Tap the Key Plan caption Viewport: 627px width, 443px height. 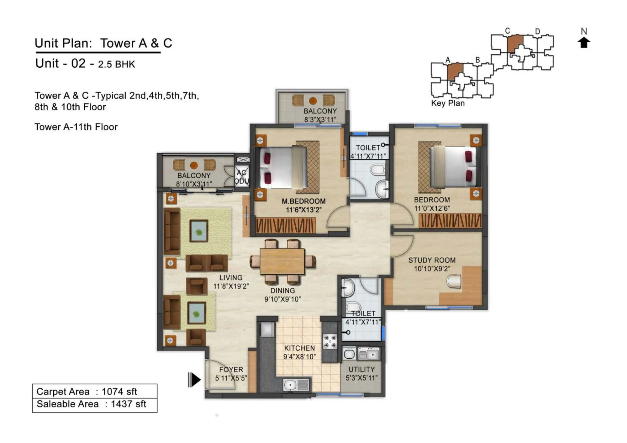(448, 103)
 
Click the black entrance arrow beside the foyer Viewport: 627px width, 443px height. (194, 380)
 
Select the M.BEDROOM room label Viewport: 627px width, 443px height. (303, 201)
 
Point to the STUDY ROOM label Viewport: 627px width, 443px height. (432, 260)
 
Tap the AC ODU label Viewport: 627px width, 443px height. (241, 177)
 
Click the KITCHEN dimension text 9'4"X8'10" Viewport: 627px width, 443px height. (299, 357)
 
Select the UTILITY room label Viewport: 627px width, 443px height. (361, 369)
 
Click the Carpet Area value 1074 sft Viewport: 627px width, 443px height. (119, 392)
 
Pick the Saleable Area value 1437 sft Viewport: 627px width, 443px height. (128, 404)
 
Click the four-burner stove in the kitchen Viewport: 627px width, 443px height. (330, 342)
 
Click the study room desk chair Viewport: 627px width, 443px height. (454, 281)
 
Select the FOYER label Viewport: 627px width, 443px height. (231, 370)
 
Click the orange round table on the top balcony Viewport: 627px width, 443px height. (313, 101)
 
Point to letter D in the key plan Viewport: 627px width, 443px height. (537, 32)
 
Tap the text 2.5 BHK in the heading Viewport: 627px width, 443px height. (116, 64)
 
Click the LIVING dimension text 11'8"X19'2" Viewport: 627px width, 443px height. (231, 286)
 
